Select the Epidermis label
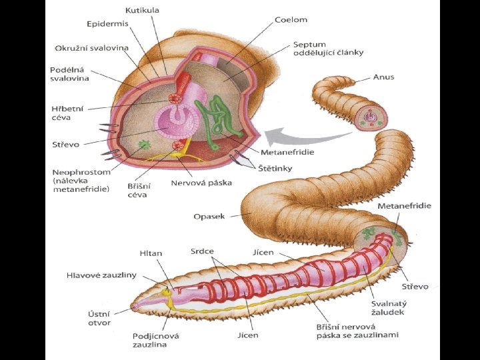pos(107,23)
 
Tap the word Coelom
pos(291,20)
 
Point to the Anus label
pos(383,77)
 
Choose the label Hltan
pos(151,253)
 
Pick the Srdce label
pos(202,251)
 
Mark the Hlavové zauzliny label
pos(101,275)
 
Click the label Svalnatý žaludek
pos(389,308)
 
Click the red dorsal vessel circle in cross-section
pos(177,98)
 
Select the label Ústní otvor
pos(99,318)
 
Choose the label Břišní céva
pos(138,190)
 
